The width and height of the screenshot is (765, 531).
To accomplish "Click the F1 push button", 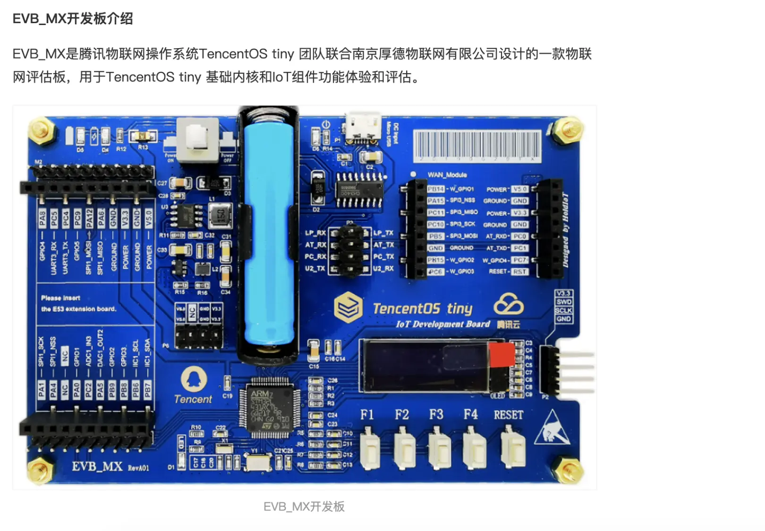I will pos(370,448).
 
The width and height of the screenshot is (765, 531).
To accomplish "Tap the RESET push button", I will pos(512,448).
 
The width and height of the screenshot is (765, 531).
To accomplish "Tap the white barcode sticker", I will pos(477,147).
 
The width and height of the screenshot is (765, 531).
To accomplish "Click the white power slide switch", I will pos(197,140).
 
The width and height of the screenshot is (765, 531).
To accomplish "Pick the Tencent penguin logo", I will pos(194,379).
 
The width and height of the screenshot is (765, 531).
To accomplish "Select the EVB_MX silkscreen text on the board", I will pos(97,467).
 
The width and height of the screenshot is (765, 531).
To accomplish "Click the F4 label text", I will pos(470,415).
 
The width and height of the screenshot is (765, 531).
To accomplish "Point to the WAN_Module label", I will pos(447,175).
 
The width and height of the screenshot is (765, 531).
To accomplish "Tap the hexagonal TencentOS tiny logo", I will pos(348,307).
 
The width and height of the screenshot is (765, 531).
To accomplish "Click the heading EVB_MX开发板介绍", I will pos(73,19).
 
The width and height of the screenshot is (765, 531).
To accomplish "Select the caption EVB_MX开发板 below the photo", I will pos(304,506).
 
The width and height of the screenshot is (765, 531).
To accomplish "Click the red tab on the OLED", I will pos(501,355).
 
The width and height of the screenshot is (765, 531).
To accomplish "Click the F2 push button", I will pos(404,448).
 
